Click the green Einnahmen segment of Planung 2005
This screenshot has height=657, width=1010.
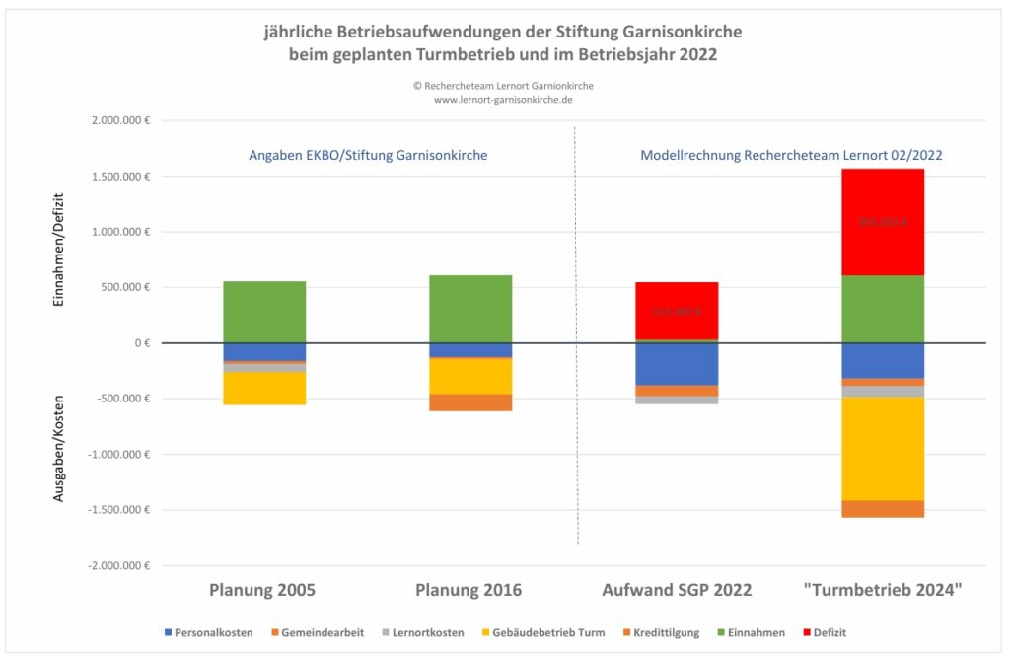264,312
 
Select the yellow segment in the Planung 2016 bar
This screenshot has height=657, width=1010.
470,376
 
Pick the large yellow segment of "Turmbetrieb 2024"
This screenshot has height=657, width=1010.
883,448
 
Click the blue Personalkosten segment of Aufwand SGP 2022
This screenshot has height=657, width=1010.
677,364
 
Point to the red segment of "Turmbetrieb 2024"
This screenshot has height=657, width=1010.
883,222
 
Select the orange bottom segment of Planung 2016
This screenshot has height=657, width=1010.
470,402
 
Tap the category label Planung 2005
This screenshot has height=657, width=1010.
262,590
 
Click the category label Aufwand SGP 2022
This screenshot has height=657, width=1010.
677,590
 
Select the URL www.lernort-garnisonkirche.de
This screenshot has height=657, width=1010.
503,100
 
